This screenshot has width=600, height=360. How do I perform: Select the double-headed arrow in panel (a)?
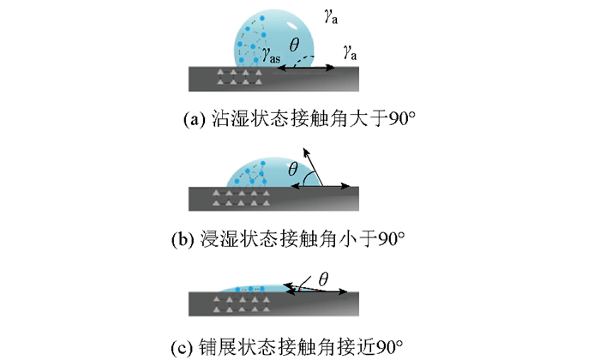(305, 66)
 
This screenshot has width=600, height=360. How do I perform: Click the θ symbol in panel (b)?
(293, 171)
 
